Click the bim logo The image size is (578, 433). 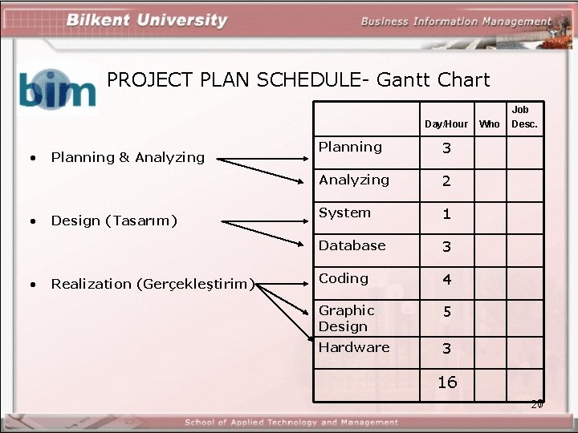click(x=57, y=89)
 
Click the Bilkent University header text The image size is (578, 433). click(x=147, y=20)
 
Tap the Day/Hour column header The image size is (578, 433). click(x=446, y=123)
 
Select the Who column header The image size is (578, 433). click(x=489, y=123)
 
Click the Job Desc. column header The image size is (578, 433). click(x=524, y=116)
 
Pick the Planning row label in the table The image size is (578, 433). click(x=350, y=147)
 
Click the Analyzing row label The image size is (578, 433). click(x=354, y=180)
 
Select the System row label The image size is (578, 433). click(x=344, y=212)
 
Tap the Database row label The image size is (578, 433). click(x=352, y=245)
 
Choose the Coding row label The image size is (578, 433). click(x=343, y=278)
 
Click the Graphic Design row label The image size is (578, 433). click(x=347, y=318)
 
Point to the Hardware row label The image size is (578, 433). click(x=354, y=347)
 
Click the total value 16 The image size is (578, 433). click(x=447, y=382)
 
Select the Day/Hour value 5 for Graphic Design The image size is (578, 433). click(x=447, y=312)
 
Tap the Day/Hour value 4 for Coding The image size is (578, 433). click(x=447, y=280)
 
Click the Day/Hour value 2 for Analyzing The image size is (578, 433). click(x=447, y=181)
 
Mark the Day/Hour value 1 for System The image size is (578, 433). click(x=447, y=214)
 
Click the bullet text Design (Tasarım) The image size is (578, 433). click(x=114, y=221)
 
